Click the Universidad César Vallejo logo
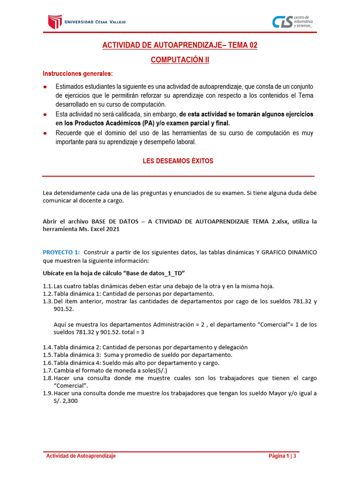(x=87, y=22)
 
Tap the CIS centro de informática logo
(x=293, y=22)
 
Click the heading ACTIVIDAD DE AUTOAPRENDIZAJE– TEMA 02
(x=180, y=45)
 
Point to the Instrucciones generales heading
(x=77, y=74)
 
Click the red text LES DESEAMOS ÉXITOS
(x=178, y=161)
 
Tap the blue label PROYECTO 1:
(x=61, y=252)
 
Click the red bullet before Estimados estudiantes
(x=45, y=87)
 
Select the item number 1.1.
(x=47, y=286)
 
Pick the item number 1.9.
(x=47, y=393)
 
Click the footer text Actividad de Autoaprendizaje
(x=81, y=456)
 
